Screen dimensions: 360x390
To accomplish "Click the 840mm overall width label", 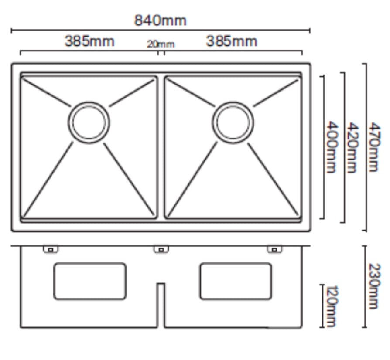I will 160,20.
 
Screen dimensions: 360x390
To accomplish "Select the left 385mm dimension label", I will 89,41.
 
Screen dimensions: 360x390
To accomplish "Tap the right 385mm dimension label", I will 232,41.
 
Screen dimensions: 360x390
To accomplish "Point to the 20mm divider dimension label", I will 161,44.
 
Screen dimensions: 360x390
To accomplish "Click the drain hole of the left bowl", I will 89,122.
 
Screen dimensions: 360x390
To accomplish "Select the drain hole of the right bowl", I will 233,122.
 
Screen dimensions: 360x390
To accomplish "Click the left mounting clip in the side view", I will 51,249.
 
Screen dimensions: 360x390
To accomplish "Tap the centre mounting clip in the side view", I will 161,249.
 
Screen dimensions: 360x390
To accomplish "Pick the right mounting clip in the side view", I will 274,249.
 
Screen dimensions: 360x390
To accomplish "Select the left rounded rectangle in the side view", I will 90,281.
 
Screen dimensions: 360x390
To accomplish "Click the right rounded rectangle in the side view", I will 236,281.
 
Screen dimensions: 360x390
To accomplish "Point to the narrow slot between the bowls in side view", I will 161,305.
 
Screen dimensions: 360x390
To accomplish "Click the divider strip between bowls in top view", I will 161,148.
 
